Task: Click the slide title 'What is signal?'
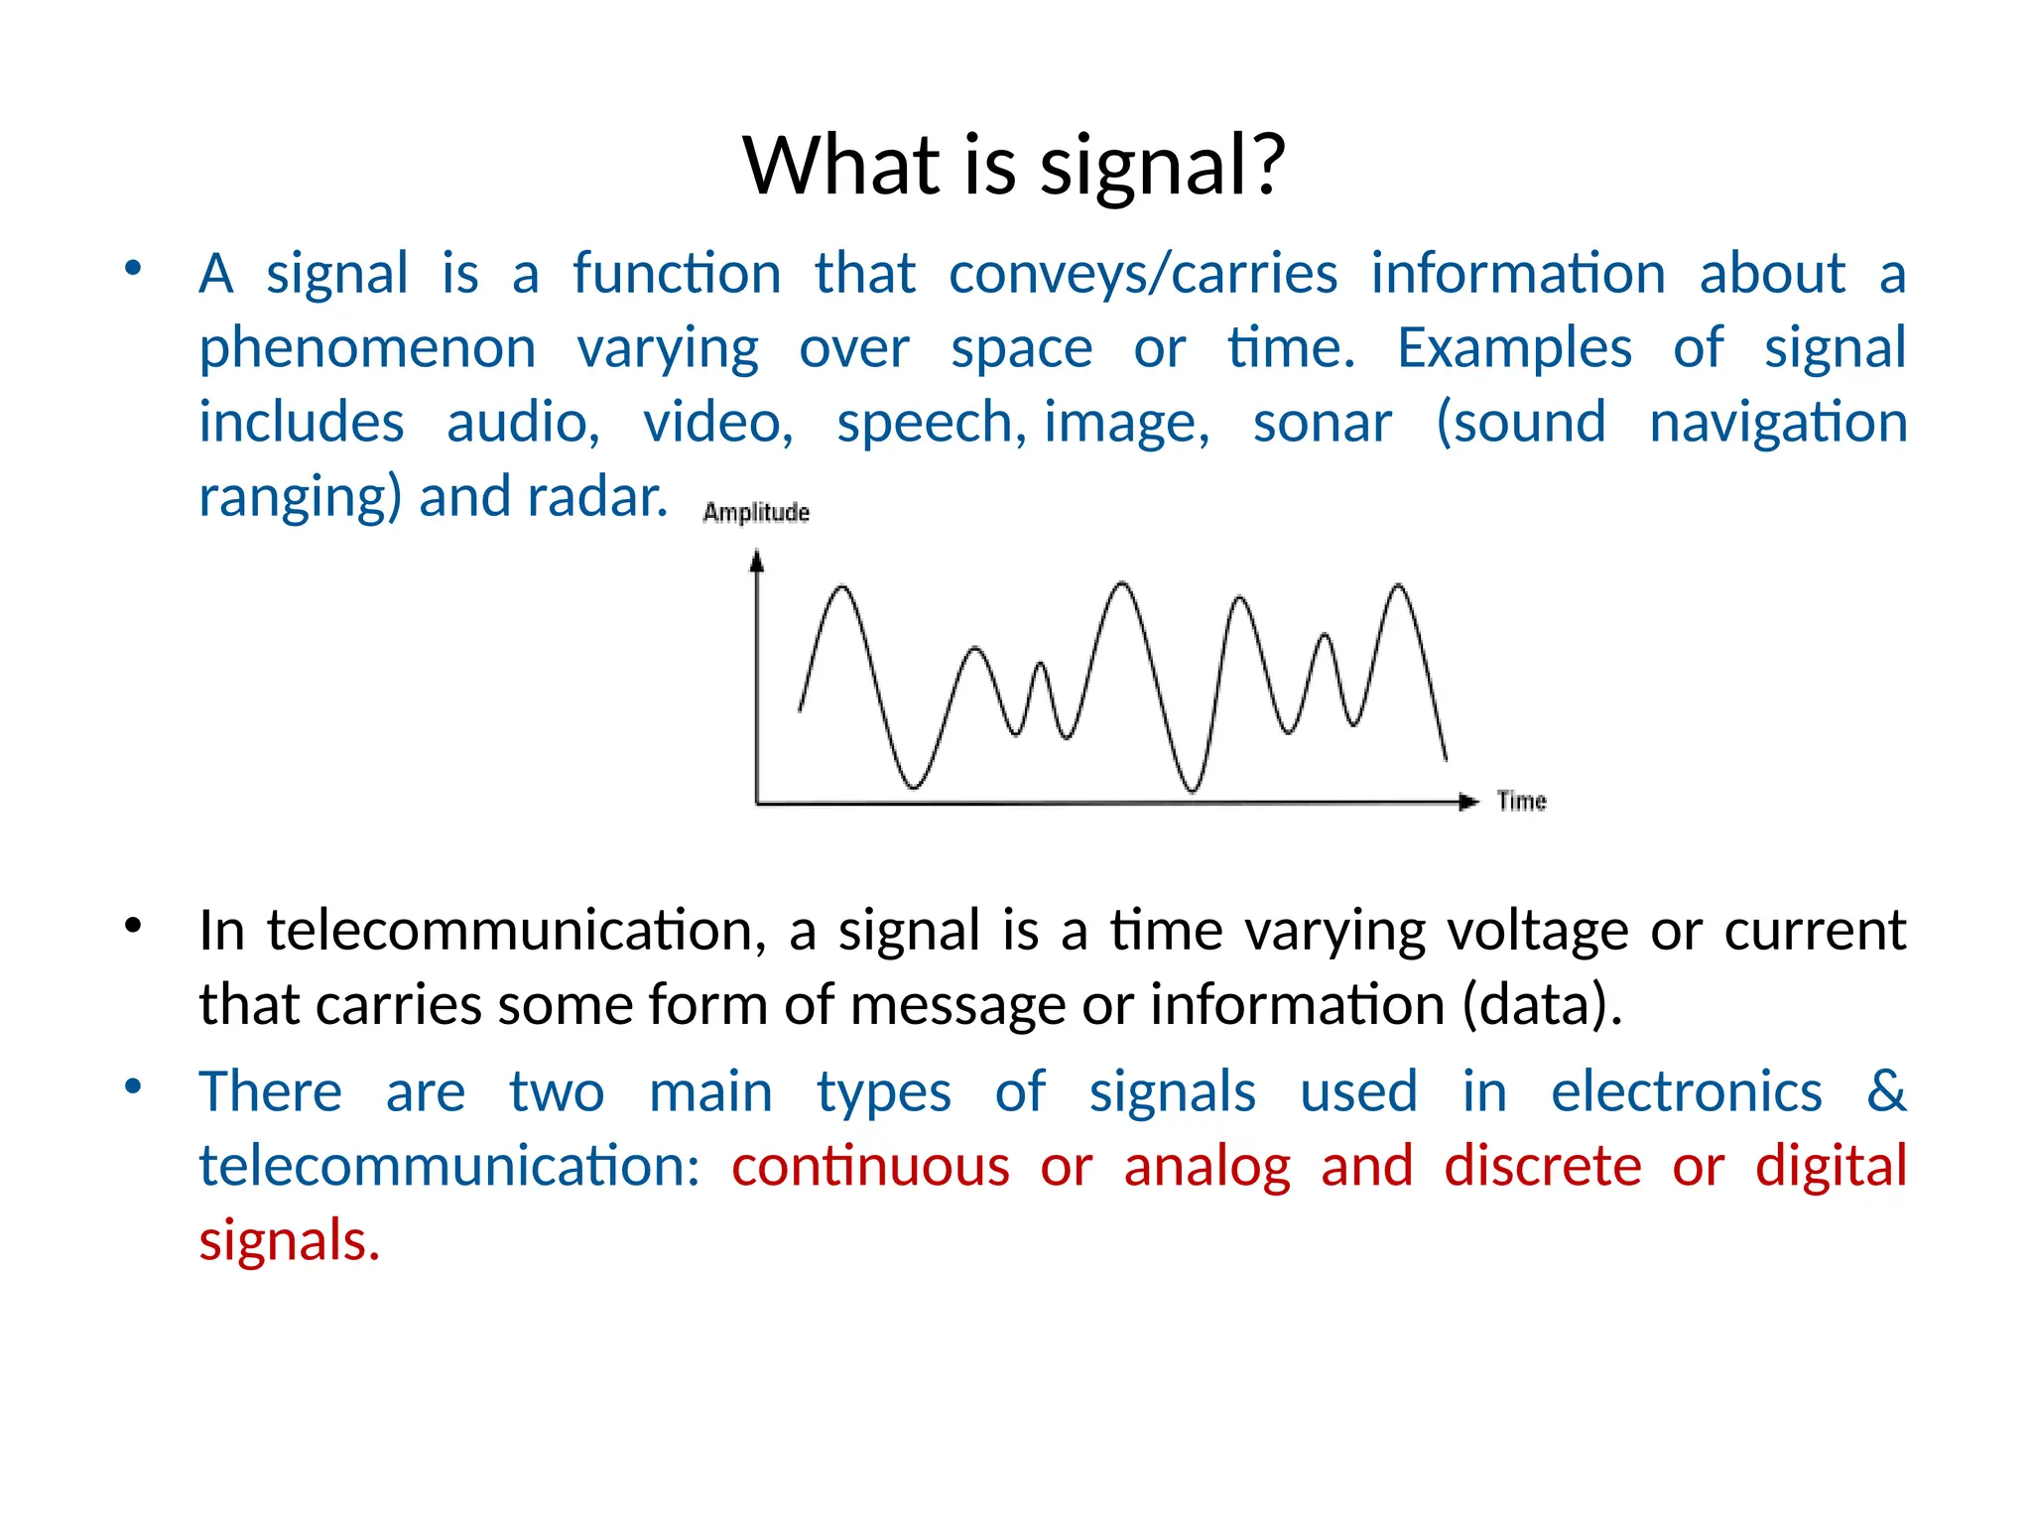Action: coord(1014,165)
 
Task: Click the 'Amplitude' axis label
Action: coord(756,512)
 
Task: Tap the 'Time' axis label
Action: coord(1521,801)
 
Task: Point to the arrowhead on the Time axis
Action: coord(1468,802)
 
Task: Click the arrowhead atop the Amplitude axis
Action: coord(757,562)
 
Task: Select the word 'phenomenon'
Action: coord(367,349)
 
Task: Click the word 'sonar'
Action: coord(1322,423)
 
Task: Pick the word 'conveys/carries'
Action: coord(1142,274)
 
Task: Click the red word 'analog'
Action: coord(1206,1166)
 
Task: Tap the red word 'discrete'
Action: coord(1542,1166)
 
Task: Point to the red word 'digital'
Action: coord(1831,1166)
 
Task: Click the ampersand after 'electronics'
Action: coord(1885,1090)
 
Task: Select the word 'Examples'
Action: coord(1514,348)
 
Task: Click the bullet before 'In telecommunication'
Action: coord(133,926)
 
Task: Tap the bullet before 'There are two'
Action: coord(133,1085)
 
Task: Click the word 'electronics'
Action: coord(1687,1091)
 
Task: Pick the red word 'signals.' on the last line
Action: coord(289,1241)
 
